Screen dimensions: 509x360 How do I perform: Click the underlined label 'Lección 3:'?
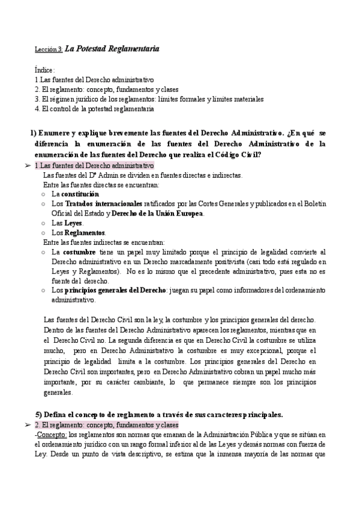click(48, 49)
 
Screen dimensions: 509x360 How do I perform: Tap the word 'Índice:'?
click(45, 70)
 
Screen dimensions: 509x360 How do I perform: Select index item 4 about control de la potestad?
click(94, 109)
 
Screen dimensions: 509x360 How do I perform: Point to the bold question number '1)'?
click(34, 133)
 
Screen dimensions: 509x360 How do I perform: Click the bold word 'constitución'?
click(80, 194)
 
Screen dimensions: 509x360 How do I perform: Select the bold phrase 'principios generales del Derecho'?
click(114, 291)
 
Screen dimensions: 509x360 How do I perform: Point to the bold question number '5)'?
click(39, 415)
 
